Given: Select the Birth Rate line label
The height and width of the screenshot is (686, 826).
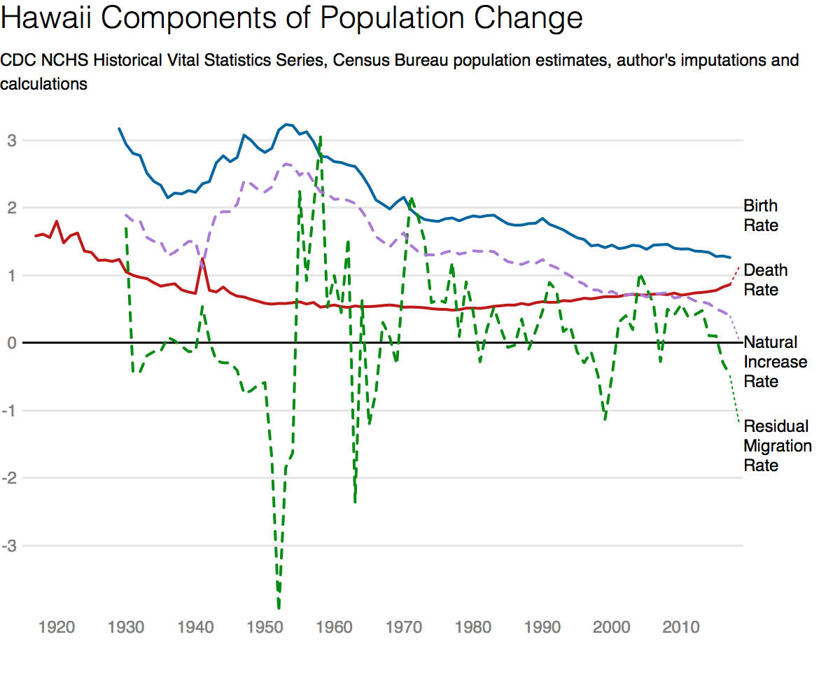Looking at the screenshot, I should [761, 216].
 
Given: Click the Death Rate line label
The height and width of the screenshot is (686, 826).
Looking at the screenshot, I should [765, 280].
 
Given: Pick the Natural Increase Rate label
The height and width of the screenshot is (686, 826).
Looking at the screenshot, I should [775, 362].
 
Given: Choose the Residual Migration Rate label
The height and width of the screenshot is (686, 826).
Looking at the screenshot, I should [778, 446].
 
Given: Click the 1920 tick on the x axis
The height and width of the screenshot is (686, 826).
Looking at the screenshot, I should [57, 626].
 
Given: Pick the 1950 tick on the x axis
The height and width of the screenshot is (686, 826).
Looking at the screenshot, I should [265, 626].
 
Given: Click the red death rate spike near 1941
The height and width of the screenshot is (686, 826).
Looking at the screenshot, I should [202, 259].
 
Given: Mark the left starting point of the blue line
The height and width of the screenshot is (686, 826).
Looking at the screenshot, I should [119, 129].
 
